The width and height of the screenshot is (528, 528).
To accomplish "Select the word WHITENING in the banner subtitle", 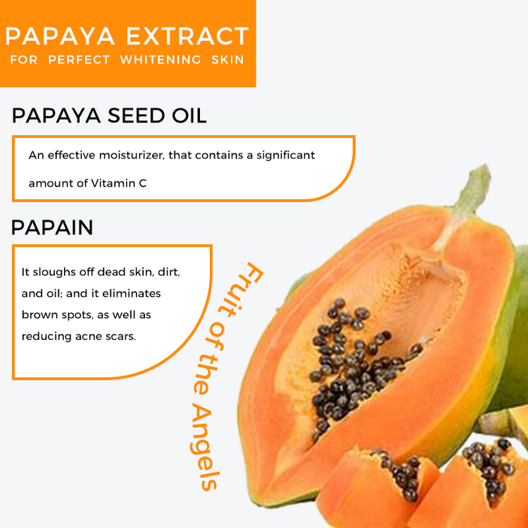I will tap(160, 60).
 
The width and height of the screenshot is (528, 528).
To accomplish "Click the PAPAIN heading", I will tap(52, 228).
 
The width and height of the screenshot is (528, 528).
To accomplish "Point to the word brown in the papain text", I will tap(40, 315).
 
